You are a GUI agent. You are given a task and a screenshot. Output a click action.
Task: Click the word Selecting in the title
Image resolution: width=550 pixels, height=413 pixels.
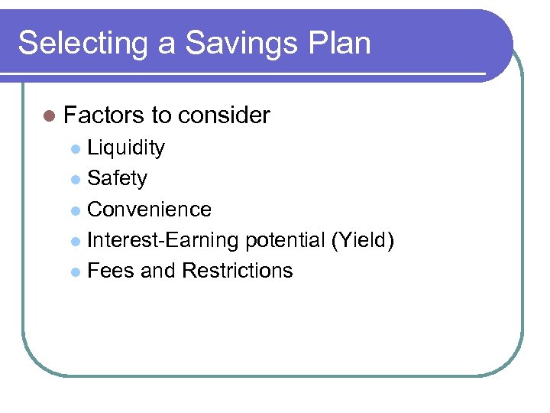point(74,43)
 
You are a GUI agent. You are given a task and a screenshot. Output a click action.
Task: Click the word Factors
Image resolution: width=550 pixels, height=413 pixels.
point(104,115)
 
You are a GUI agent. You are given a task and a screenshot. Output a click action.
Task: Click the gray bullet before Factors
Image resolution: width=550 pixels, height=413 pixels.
point(50,116)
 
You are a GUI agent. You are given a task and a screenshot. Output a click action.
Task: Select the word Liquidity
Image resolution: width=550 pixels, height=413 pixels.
point(126,148)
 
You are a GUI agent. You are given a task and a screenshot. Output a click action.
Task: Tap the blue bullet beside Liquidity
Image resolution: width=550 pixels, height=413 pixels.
point(75,148)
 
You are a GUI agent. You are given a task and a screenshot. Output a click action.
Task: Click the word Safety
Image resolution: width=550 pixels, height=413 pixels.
point(118,178)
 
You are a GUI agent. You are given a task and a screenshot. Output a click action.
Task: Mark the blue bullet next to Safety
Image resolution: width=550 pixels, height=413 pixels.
point(75,180)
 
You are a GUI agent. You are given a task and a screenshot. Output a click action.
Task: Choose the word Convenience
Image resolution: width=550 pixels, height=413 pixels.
point(150,209)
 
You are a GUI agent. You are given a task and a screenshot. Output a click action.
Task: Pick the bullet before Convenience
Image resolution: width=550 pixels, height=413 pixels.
point(75,210)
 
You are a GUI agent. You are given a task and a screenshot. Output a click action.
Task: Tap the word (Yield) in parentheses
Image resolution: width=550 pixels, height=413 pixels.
point(363,240)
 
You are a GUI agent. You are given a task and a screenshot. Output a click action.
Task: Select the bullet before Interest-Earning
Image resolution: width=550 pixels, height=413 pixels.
point(75,242)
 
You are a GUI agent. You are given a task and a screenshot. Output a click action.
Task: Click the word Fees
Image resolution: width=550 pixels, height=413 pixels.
point(111,271)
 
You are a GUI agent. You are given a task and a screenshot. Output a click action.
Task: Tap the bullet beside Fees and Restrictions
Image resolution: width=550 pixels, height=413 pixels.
point(75,272)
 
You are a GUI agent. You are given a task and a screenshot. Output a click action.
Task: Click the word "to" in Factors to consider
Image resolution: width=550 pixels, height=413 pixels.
point(161,115)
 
